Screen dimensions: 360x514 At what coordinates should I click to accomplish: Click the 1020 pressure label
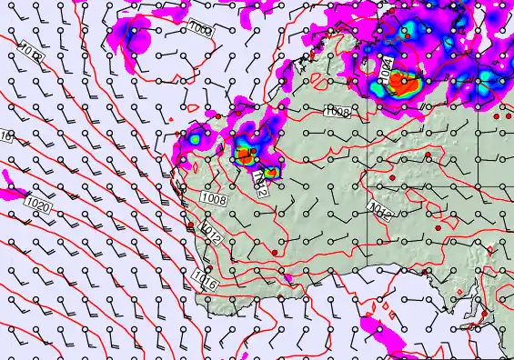[38, 205]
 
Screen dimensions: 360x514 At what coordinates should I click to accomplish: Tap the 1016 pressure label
[205, 280]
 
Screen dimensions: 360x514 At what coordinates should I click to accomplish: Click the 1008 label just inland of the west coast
[214, 198]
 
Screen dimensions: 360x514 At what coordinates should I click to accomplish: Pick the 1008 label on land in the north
[338, 111]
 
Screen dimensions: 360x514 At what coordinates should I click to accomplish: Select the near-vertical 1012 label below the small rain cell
[262, 185]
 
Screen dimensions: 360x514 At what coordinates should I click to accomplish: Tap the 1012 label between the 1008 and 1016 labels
[212, 233]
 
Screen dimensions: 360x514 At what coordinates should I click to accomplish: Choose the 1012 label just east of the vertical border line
[380, 213]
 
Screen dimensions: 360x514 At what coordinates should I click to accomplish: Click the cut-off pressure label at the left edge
[5, 136]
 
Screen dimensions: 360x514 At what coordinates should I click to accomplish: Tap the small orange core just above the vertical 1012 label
[270, 170]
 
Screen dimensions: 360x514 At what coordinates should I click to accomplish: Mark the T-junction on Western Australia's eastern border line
[368, 186]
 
